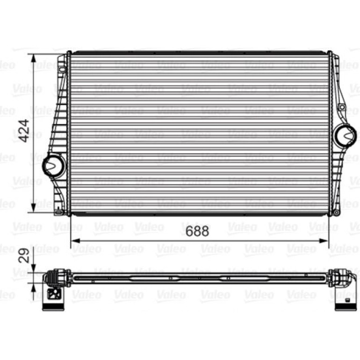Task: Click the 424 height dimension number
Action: pyautogui.click(x=24, y=130)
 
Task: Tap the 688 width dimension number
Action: pyautogui.click(x=197, y=231)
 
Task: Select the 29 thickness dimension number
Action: pyautogui.click(x=24, y=255)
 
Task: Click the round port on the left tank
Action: pyautogui.click(x=54, y=166)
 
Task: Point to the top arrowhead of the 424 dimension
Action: pyautogui.click(x=34, y=58)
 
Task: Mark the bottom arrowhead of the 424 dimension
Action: pyautogui.click(x=34, y=208)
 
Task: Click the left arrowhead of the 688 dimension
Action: pyautogui.click(x=75, y=241)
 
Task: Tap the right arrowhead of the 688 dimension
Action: pyautogui.click(x=324, y=241)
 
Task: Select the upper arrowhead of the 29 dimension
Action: pyautogui.click(x=34, y=268)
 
